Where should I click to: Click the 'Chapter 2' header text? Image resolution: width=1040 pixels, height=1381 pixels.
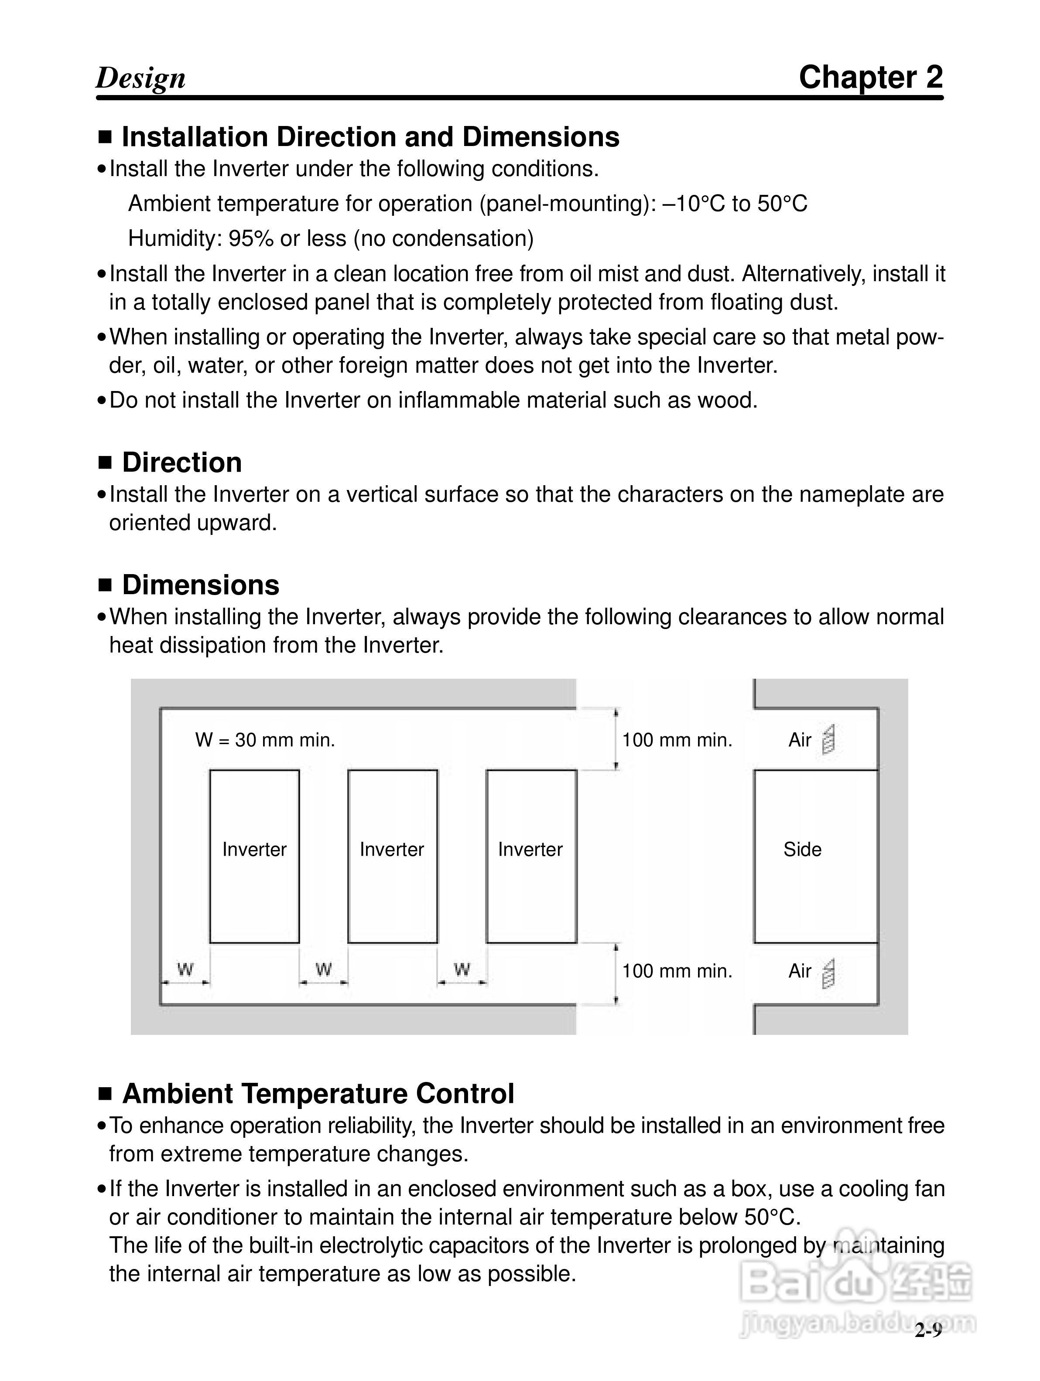pyautogui.click(x=870, y=78)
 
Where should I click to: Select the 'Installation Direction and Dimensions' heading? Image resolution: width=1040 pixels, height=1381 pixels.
pyautogui.click(x=370, y=137)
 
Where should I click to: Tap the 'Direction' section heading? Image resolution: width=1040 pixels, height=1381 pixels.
pyautogui.click(x=182, y=463)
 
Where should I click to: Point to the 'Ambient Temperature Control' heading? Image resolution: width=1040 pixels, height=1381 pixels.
pyautogui.click(x=318, y=1093)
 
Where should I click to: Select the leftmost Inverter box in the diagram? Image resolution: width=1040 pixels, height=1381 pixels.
pyautogui.click(x=254, y=857)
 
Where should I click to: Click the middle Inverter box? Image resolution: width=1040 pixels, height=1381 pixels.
pyautogui.click(x=392, y=857)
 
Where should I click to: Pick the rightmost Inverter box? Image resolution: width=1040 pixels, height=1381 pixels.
pyautogui.click(x=531, y=857)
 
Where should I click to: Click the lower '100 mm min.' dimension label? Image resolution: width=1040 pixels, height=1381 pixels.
pyautogui.click(x=677, y=971)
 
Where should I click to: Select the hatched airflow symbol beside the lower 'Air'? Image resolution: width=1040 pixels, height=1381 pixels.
pyautogui.click(x=828, y=973)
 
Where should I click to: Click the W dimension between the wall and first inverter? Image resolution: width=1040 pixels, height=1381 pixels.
pyautogui.click(x=185, y=969)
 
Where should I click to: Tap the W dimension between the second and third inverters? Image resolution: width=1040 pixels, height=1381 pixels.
pyautogui.click(x=462, y=969)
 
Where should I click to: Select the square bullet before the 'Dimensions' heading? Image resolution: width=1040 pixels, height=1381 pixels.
pyautogui.click(x=105, y=585)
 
